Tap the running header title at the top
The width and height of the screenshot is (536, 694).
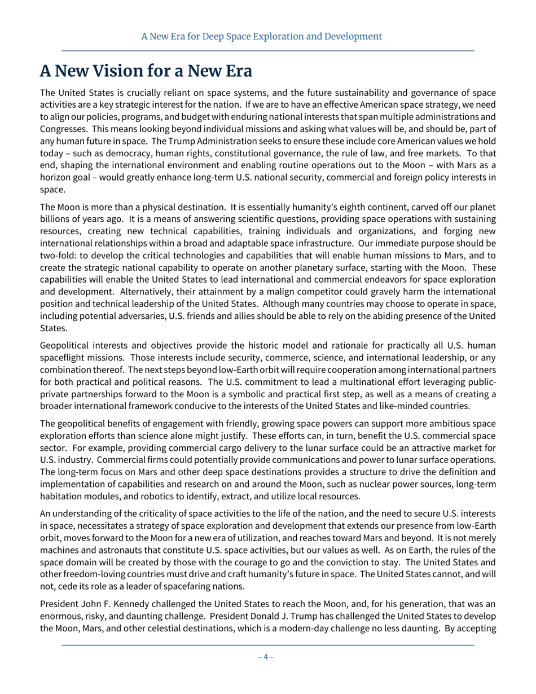pyautogui.click(x=261, y=37)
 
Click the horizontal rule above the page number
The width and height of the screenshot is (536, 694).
pyautogui.click(x=267, y=644)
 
